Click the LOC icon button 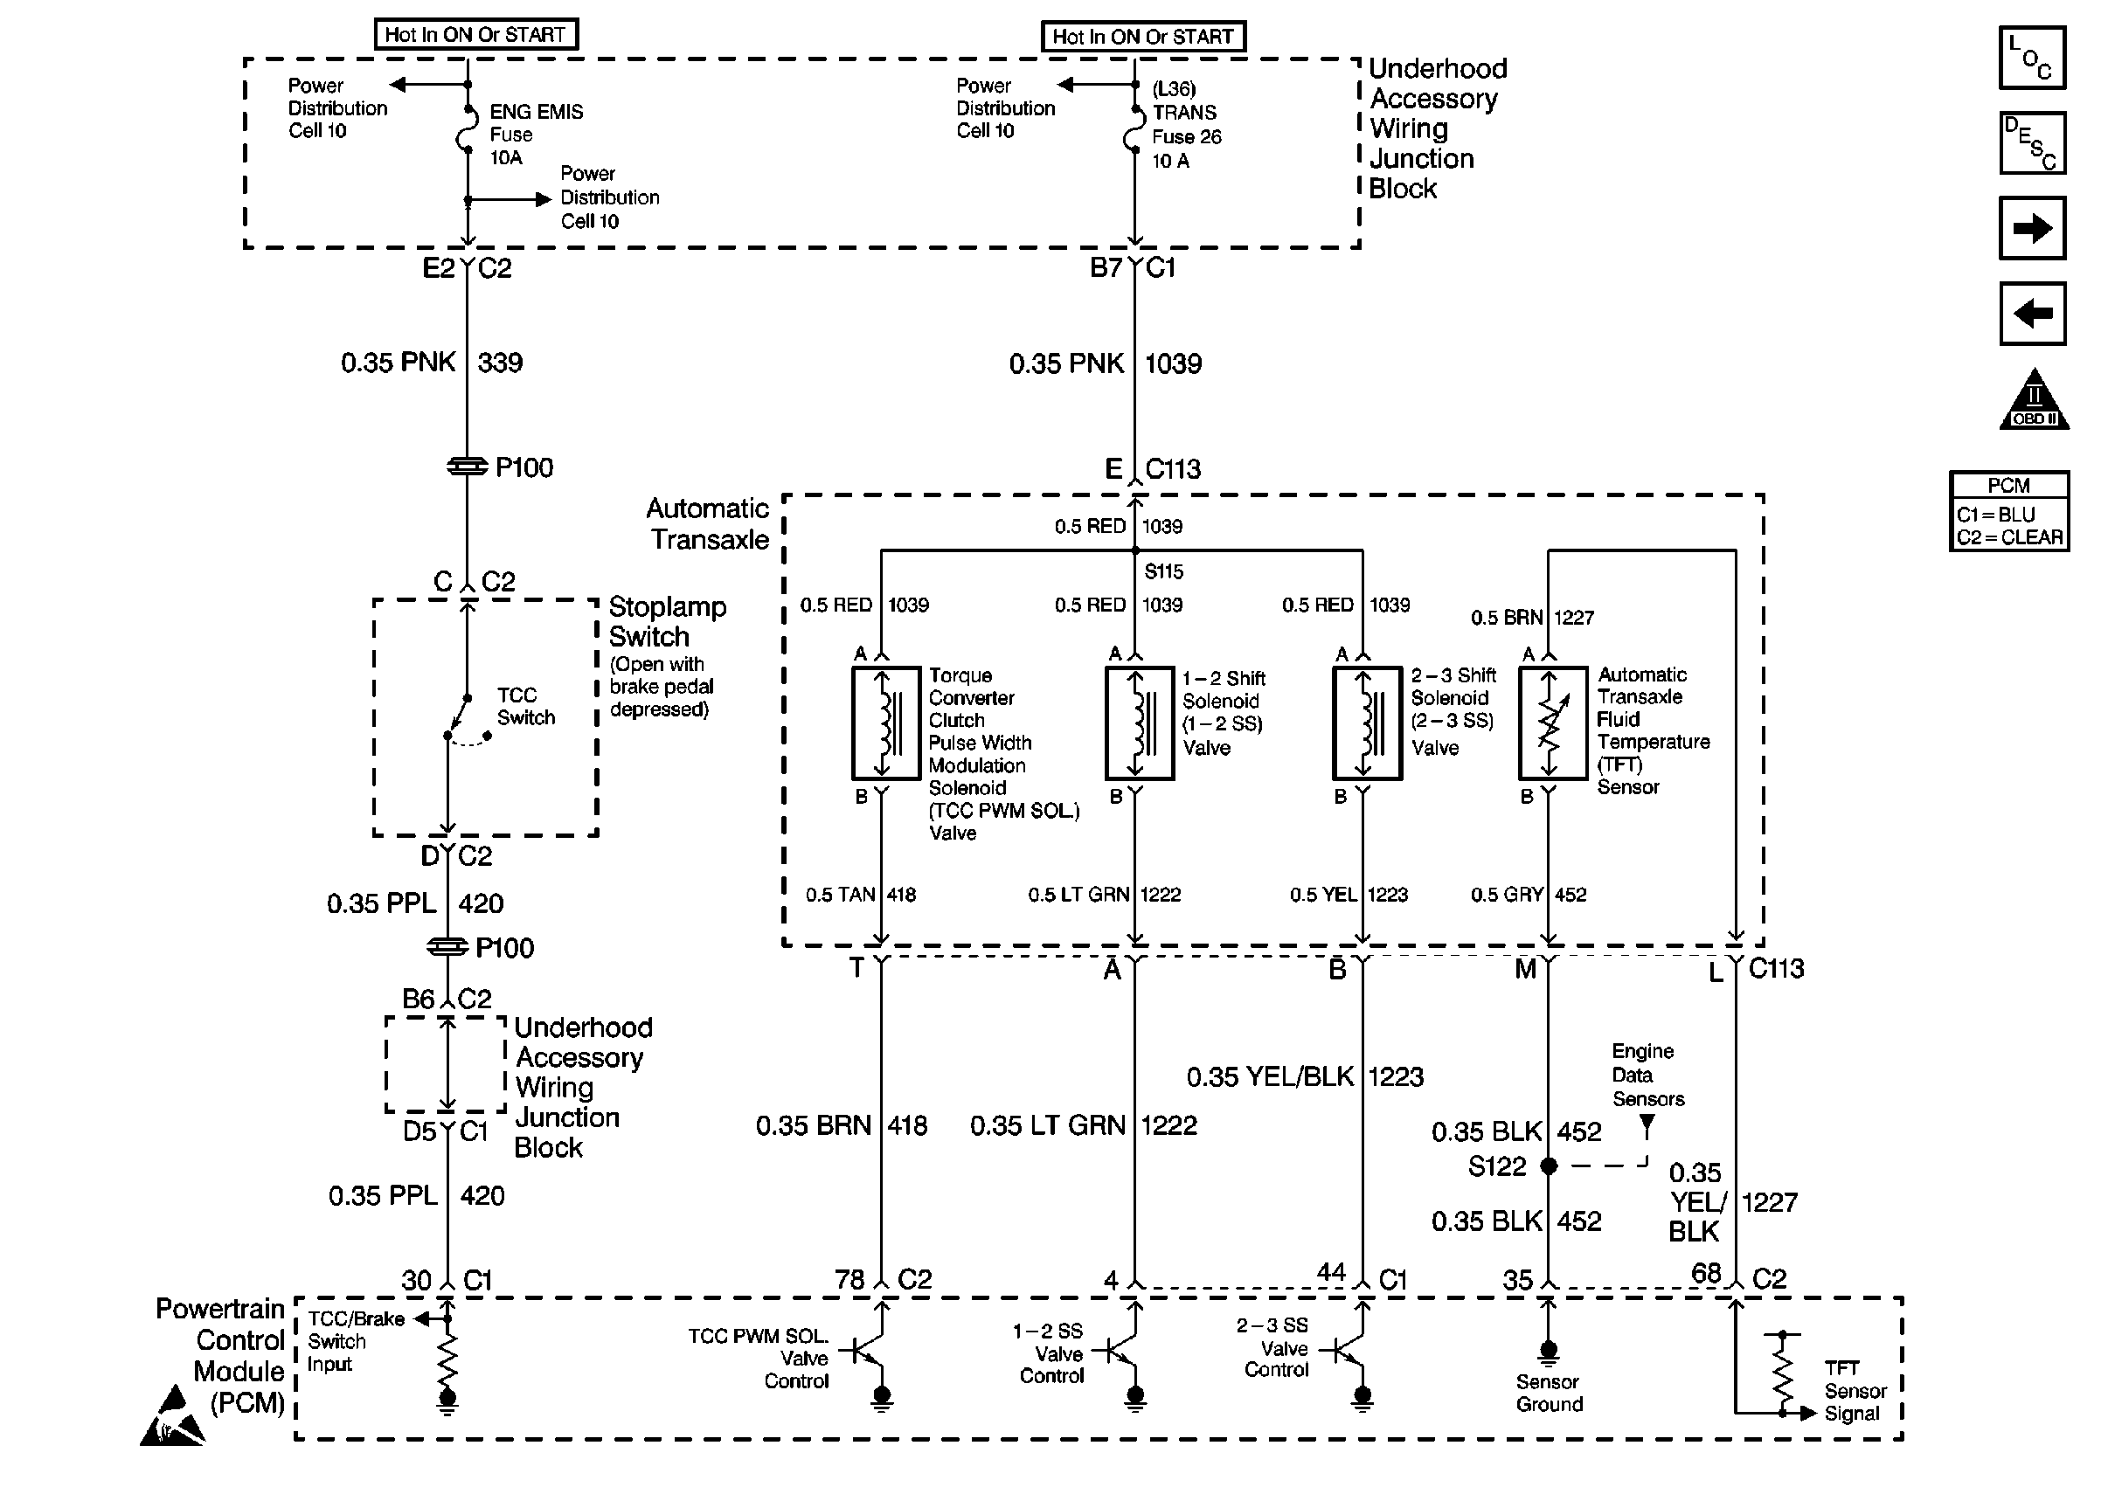[2032, 58]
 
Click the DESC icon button [2032, 143]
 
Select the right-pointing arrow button [2032, 228]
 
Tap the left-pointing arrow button [2032, 314]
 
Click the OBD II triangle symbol [2034, 399]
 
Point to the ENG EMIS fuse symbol [467, 128]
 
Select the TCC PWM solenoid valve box [885, 723]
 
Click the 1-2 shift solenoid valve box [1140, 723]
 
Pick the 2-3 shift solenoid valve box [1367, 723]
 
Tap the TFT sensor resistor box [1553, 723]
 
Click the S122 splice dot [1550, 1166]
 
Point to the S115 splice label [1164, 571]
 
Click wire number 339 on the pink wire [500, 363]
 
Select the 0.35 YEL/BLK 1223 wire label [1305, 1076]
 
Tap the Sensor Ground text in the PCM [1550, 1393]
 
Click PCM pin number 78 [849, 1279]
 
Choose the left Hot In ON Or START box [476, 34]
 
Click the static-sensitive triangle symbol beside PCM [173, 1416]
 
